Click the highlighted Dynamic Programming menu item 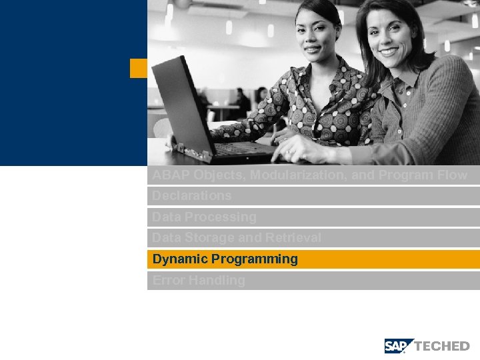(225, 259)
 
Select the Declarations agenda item (192, 196)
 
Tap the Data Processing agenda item (204, 217)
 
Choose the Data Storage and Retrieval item (237, 238)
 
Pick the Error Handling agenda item (199, 281)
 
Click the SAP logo (399, 346)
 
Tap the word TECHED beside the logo (442, 346)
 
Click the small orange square (138, 68)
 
